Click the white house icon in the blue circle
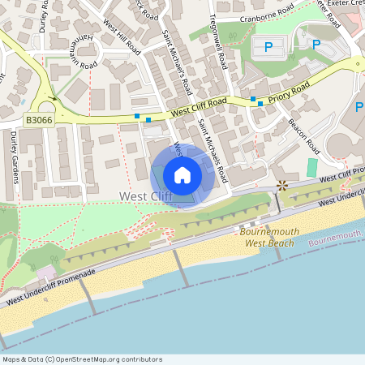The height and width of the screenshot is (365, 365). [182, 175]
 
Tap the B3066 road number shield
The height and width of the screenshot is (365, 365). [39, 119]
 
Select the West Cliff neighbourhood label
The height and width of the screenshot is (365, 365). [145, 196]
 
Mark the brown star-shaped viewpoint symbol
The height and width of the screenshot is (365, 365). [282, 186]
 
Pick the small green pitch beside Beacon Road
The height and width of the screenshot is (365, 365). [312, 168]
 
